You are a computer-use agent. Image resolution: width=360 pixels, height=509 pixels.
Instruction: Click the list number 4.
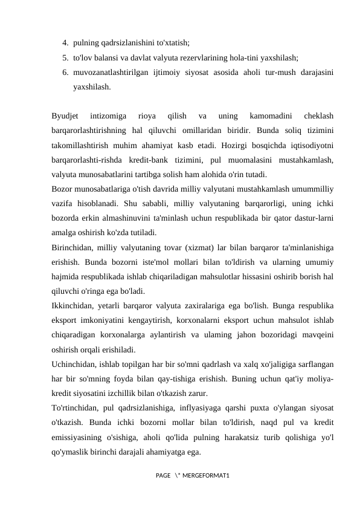(x=65, y=43)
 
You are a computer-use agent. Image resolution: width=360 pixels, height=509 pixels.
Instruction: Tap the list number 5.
(x=65, y=58)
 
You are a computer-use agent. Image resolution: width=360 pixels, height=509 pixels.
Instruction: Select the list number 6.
(x=65, y=73)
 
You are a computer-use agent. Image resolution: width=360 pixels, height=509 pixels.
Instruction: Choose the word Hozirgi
(x=239, y=146)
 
